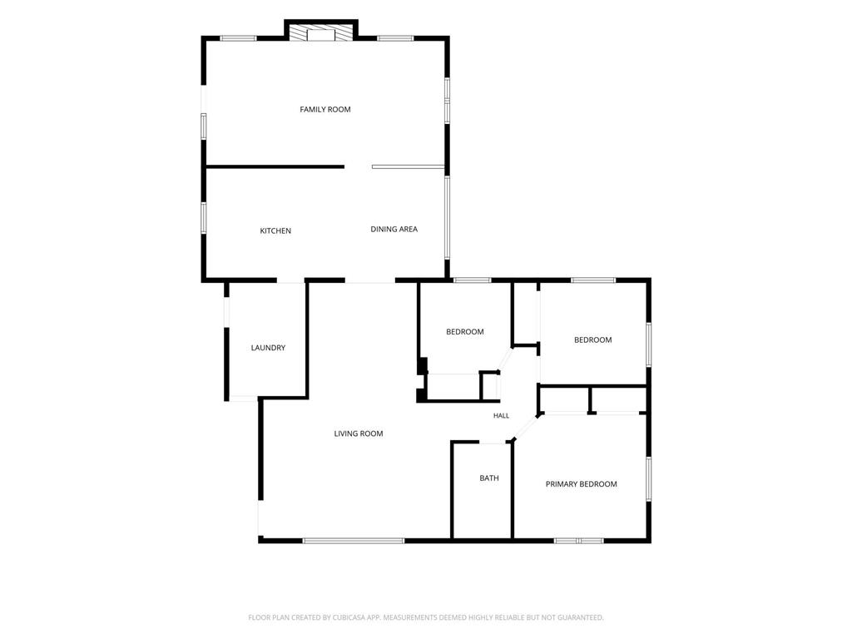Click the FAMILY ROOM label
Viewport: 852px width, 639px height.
tap(325, 109)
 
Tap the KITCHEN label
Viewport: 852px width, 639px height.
tap(275, 231)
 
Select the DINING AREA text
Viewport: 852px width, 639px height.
tap(394, 230)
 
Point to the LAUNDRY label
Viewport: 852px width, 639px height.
tap(268, 348)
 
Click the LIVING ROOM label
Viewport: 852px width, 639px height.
tap(359, 433)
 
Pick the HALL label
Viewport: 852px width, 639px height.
tap(501, 416)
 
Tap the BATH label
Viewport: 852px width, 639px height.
tap(489, 478)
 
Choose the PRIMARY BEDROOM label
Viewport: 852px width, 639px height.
tap(582, 484)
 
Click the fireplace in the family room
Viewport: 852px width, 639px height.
tap(321, 32)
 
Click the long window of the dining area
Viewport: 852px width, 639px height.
tap(447, 217)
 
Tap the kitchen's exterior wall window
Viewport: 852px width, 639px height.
tap(204, 218)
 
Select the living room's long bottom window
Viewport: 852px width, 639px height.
tap(354, 541)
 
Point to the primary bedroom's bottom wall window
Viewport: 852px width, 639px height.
tap(579, 541)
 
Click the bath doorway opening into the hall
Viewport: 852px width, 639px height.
tap(493, 443)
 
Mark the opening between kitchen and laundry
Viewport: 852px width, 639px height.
tap(290, 281)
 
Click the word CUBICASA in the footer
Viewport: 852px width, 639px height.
tap(363, 617)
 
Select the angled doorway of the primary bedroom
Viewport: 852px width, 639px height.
tap(526, 427)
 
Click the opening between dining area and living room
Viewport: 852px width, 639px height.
tap(370, 281)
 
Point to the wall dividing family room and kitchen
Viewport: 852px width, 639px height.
tap(275, 166)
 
